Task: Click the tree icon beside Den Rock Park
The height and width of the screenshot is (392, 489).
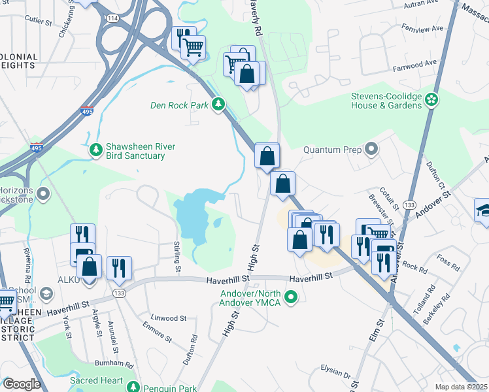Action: coord(219,105)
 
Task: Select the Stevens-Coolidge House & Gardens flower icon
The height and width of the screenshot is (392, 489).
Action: coord(431,100)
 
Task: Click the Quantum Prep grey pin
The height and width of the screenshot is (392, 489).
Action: coord(371,150)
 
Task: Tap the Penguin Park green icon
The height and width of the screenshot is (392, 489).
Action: coord(133,387)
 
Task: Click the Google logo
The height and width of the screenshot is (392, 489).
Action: coord(22,384)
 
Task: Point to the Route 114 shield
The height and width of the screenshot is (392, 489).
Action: coord(113,18)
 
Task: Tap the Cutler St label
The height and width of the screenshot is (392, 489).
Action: coord(39,22)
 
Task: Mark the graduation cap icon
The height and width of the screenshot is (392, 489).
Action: coord(483,212)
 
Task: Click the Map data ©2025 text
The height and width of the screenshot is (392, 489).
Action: coord(461,387)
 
